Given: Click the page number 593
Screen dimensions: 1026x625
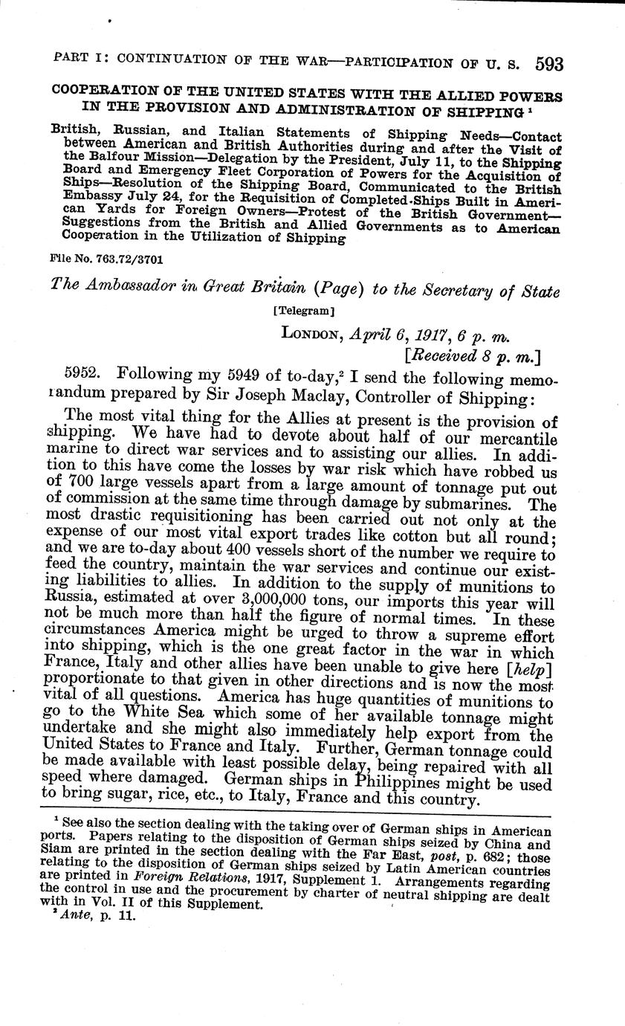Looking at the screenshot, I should pos(548,64).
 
